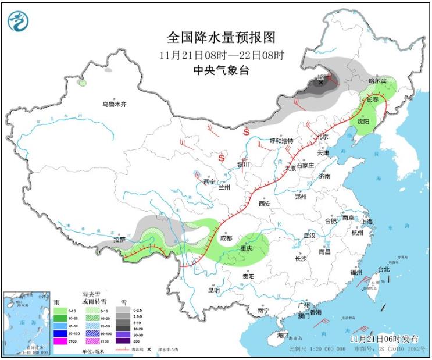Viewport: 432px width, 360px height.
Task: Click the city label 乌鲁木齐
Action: coord(114,104)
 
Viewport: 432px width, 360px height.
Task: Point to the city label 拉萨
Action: coord(119,239)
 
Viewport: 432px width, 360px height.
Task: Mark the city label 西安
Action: coord(265,204)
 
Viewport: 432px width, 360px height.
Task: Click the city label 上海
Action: coord(366,221)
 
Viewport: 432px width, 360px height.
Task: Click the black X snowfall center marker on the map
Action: coord(320,83)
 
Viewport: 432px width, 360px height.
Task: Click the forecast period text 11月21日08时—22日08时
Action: coord(221,56)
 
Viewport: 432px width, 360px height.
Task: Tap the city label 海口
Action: coord(283,336)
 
